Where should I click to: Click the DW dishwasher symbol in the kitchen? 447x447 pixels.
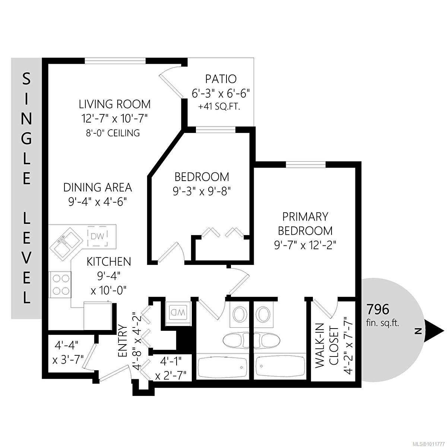(x=98, y=237)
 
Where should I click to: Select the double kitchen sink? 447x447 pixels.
(x=66, y=243)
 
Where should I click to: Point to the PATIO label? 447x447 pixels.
(x=221, y=79)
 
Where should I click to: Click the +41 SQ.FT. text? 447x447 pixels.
(x=219, y=107)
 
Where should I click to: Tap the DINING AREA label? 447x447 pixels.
(x=98, y=187)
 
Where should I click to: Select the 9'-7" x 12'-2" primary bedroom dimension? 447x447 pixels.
(x=305, y=245)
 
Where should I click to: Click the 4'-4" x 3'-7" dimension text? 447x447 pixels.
(x=67, y=353)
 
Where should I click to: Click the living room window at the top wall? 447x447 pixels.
(x=115, y=61)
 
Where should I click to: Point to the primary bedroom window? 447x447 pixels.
(x=305, y=164)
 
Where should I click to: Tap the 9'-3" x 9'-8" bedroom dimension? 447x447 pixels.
(x=202, y=192)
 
